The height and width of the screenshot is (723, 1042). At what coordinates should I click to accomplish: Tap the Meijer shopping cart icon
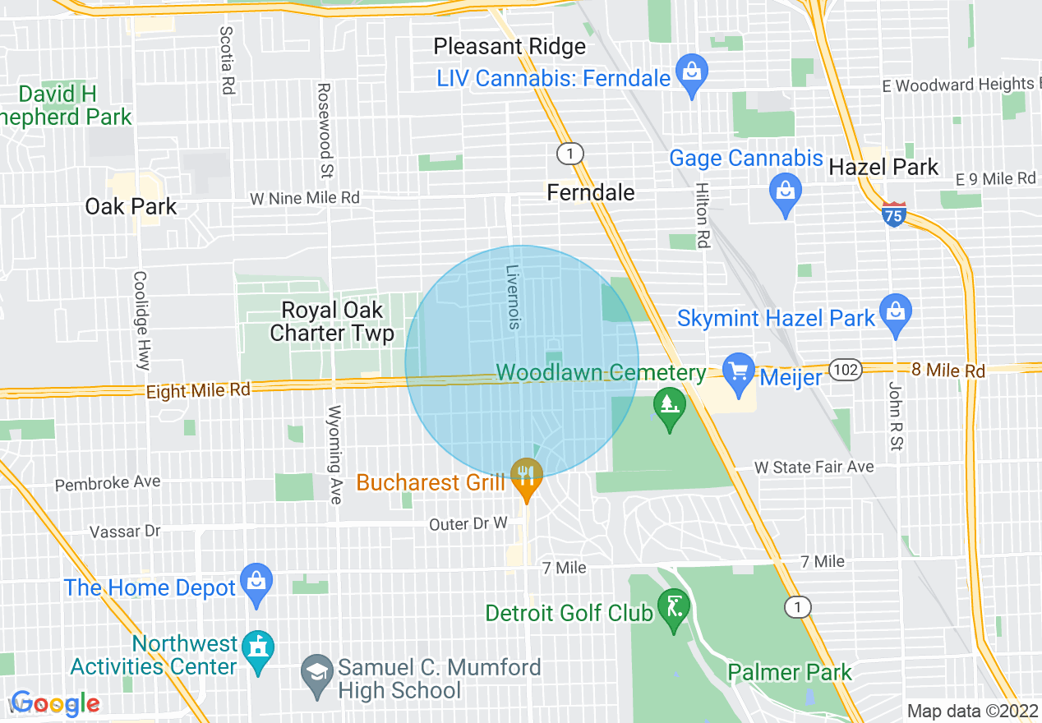point(738,370)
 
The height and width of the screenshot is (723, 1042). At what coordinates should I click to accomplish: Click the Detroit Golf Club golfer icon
point(674,609)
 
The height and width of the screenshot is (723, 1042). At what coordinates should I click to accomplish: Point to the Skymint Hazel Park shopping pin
point(895,313)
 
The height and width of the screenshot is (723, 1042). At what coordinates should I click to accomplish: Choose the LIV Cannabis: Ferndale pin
point(692,73)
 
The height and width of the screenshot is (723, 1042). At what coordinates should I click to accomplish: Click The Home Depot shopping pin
point(257,583)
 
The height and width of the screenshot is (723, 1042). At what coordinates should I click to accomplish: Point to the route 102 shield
point(845,370)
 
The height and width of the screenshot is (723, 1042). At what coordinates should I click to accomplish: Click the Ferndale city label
point(591,192)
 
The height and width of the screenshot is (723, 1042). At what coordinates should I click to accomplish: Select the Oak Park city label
point(131,206)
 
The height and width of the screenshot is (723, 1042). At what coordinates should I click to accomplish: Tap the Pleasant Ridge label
point(509,47)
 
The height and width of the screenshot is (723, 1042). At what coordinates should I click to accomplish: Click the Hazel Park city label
point(883,167)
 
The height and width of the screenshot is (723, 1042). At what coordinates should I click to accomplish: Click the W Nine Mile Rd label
point(305,198)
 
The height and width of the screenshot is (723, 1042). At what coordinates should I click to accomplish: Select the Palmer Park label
point(790,673)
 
